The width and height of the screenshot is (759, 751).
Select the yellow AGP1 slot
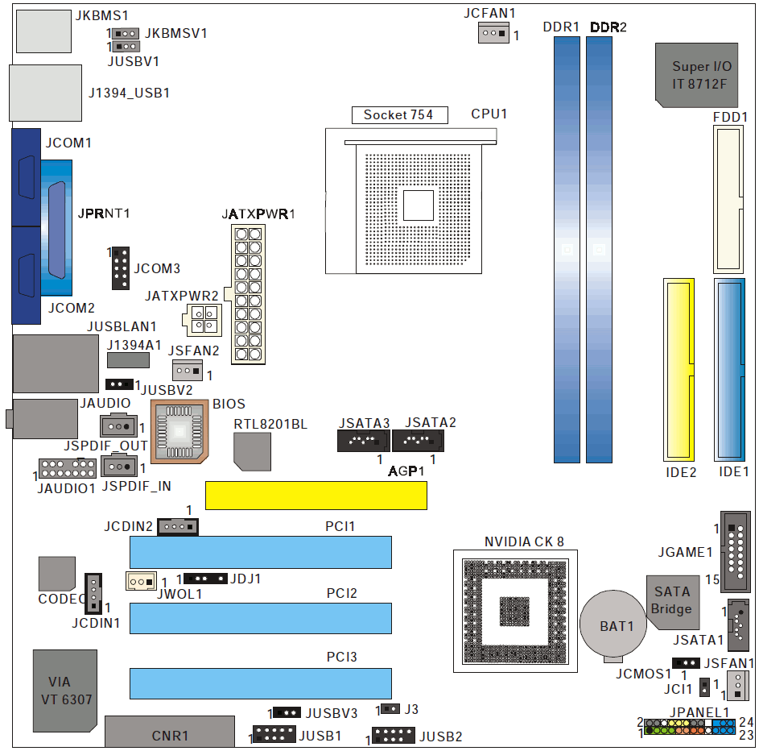coord(316,496)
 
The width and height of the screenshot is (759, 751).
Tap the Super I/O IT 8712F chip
coord(696,74)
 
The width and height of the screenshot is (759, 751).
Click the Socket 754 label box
coord(398,114)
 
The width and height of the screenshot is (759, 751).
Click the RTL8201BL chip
coord(252,450)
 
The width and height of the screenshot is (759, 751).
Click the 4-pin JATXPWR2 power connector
coord(202,320)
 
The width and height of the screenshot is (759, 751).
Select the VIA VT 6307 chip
coord(64,690)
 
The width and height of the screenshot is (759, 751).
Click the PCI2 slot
coord(260,618)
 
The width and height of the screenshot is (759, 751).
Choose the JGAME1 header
coord(736,552)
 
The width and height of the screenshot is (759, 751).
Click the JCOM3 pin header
coord(121,268)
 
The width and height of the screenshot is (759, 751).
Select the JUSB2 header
coord(392,736)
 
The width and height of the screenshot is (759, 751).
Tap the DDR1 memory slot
coord(567,250)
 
